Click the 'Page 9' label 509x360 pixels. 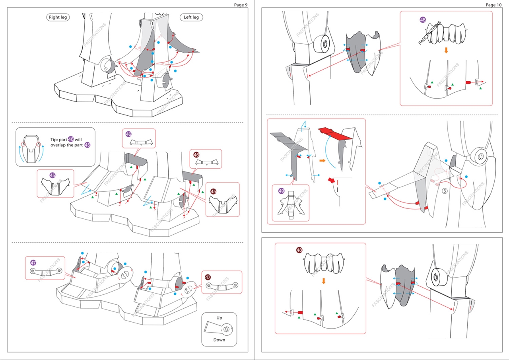(x=241, y=5)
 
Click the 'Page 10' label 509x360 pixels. (x=493, y=5)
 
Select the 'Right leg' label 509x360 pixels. (x=58, y=17)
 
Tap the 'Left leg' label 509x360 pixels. (x=191, y=17)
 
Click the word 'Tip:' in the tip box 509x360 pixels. (x=54, y=140)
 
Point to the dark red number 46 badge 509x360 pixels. (x=196, y=154)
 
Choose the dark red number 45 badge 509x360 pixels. (x=213, y=191)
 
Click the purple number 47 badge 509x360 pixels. (x=33, y=263)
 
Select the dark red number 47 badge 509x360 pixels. (x=208, y=277)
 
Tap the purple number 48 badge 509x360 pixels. (x=423, y=19)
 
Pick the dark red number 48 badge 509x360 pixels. (x=299, y=250)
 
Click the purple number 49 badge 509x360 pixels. (x=282, y=191)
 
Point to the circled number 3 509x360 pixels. (x=444, y=191)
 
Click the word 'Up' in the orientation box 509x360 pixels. (x=219, y=318)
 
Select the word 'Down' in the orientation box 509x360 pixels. (x=219, y=340)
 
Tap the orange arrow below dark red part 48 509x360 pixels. (x=324, y=281)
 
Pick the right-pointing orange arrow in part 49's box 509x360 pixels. (x=322, y=161)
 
